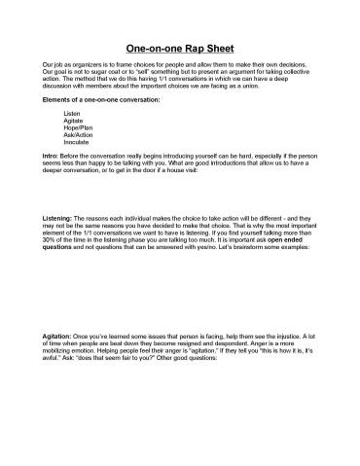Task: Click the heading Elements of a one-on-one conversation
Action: tap(102, 100)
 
